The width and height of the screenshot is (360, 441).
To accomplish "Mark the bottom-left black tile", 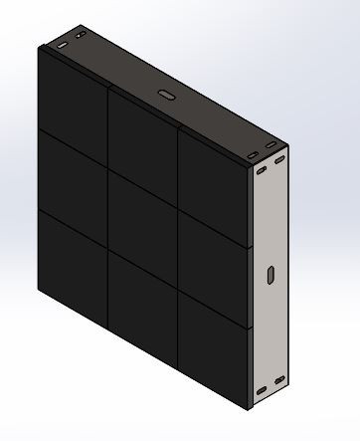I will (72, 255).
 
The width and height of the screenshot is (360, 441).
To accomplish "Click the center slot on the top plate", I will (164, 97).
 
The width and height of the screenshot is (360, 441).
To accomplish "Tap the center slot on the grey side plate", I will (270, 275).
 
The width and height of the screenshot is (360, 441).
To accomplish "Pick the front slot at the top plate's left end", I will (62, 46).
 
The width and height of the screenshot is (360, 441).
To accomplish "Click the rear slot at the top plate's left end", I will (77, 39).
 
